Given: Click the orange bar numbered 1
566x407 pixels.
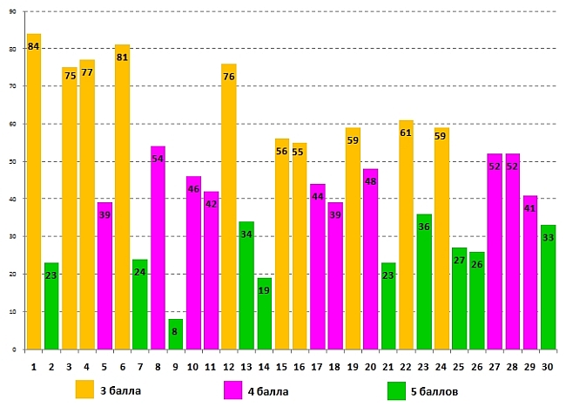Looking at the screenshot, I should point(34,192).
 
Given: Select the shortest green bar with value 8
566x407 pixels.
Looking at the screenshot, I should point(176,335).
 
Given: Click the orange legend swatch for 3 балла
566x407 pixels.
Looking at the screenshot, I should point(84,390).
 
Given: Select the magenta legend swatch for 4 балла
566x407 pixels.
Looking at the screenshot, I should point(232,390).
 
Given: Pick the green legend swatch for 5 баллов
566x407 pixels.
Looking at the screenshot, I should point(398,390).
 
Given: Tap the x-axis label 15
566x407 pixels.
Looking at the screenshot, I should point(281,367).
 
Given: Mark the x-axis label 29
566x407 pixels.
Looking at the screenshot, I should point(530,367).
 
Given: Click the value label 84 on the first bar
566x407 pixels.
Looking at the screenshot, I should point(34,46).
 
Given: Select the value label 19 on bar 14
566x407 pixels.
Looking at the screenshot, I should point(264,292).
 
